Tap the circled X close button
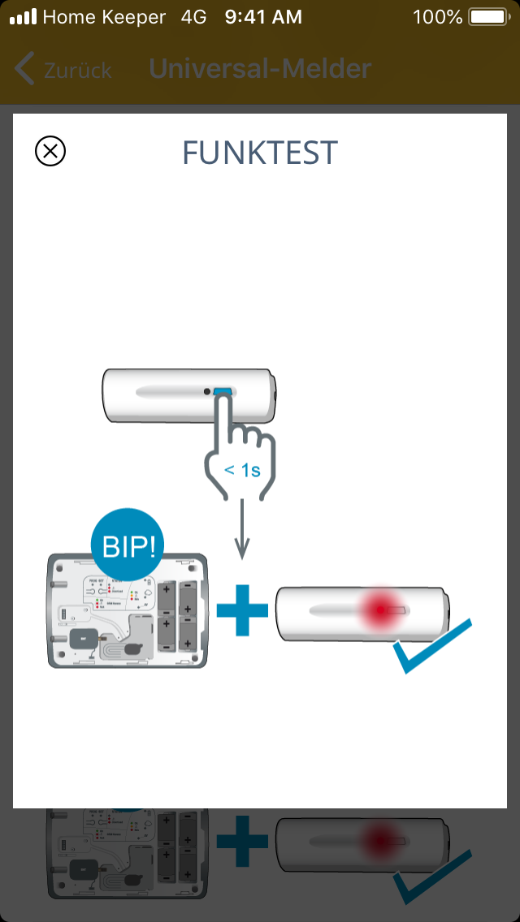(x=50, y=151)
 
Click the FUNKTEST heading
(x=260, y=152)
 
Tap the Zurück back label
(x=78, y=70)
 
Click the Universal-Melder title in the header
(x=260, y=69)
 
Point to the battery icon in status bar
(x=487, y=17)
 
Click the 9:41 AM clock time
(x=263, y=17)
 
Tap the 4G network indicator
(x=194, y=17)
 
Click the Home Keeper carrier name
(x=104, y=17)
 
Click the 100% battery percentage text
(x=437, y=17)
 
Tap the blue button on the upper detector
(x=223, y=392)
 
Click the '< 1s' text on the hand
(x=242, y=469)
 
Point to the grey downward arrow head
(x=241, y=552)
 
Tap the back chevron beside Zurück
(x=25, y=70)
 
